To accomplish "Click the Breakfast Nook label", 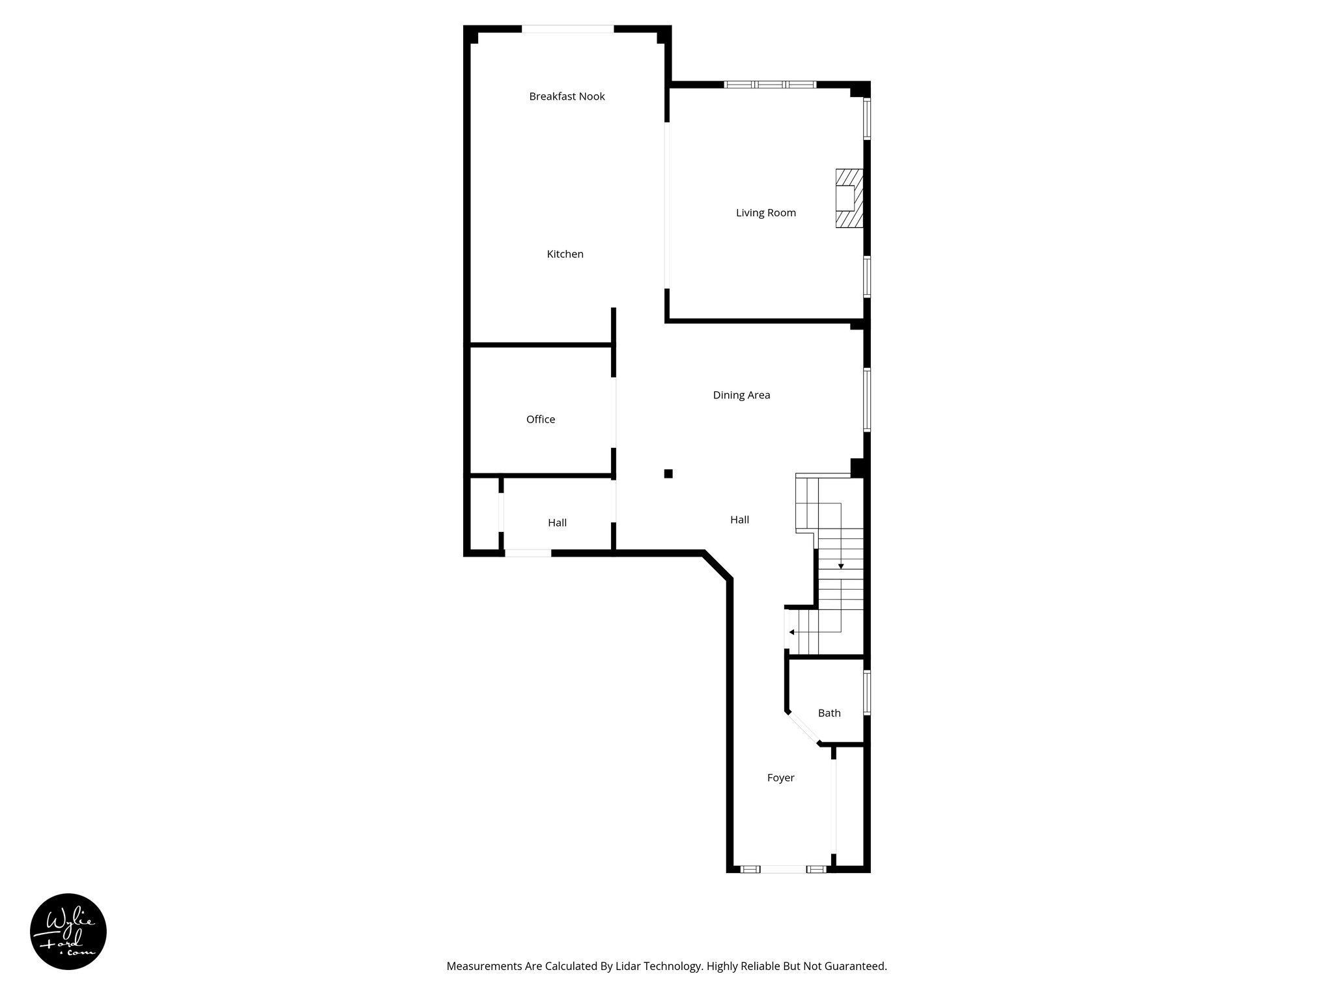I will pyautogui.click(x=567, y=96).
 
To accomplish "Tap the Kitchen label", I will pyautogui.click(x=565, y=254).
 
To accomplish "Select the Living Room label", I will pyautogui.click(x=765, y=212).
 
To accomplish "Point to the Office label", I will pyautogui.click(x=541, y=419).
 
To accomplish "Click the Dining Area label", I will pyautogui.click(x=741, y=395).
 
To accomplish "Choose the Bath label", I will pyautogui.click(x=829, y=713).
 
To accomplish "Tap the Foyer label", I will pyautogui.click(x=780, y=777).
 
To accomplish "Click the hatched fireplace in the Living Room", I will pyautogui.click(x=849, y=199).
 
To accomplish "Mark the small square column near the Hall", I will pyautogui.click(x=668, y=473).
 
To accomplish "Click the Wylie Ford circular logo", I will pyautogui.click(x=68, y=932).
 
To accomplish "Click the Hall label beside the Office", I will pyautogui.click(x=557, y=522).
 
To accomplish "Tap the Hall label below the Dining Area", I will pyautogui.click(x=739, y=520).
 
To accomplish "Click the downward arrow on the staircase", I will pyautogui.click(x=841, y=566).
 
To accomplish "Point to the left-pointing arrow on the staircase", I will pyautogui.click(x=791, y=632).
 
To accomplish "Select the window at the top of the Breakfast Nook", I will pyautogui.click(x=567, y=29).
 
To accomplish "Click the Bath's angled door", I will pyautogui.click(x=803, y=727).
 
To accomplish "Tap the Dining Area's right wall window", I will pyautogui.click(x=867, y=400).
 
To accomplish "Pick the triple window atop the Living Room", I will pyautogui.click(x=770, y=85).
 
